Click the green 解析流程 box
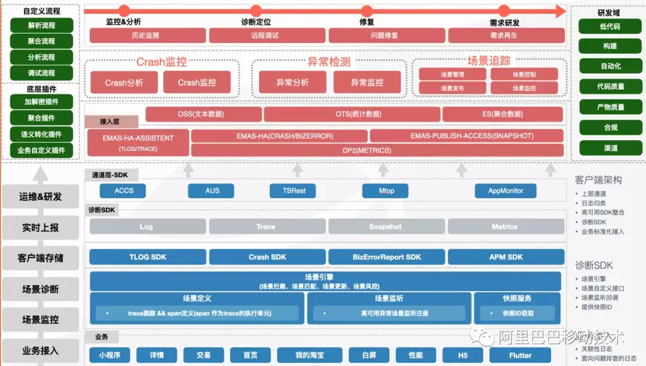point(42,25)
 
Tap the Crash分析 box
point(124,83)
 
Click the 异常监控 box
point(367,83)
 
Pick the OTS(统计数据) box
point(351,114)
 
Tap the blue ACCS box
point(124,190)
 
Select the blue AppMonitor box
point(505,190)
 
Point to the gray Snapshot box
point(386,226)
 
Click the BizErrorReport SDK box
point(386,257)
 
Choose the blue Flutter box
point(519,355)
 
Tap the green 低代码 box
point(610,26)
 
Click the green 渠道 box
point(610,148)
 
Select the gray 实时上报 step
point(40,228)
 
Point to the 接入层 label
point(110,122)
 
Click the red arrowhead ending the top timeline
point(560,11)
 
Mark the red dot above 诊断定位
point(255,11)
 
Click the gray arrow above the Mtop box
point(386,170)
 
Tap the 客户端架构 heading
point(598,180)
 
